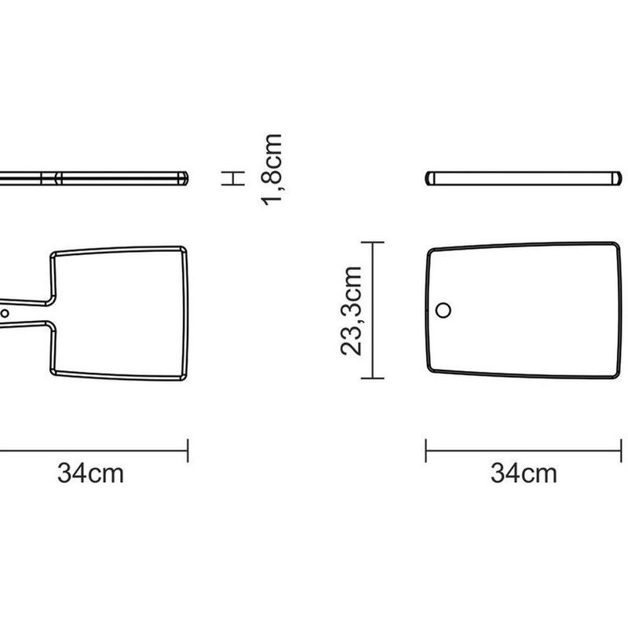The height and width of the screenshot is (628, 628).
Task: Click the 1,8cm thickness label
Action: (x=272, y=170)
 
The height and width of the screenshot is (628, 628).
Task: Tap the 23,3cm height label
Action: (x=351, y=311)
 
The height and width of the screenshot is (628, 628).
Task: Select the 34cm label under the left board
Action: (x=90, y=473)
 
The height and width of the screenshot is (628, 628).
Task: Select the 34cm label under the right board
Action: (x=524, y=473)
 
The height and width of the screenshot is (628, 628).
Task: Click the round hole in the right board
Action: (x=443, y=310)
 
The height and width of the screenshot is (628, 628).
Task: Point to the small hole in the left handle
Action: (x=5, y=313)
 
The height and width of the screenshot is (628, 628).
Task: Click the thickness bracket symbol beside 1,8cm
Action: (x=233, y=178)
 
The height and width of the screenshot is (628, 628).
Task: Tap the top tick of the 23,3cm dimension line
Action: (x=372, y=243)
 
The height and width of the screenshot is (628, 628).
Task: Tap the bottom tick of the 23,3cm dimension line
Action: (x=372, y=378)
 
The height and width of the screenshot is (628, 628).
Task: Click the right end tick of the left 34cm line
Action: (x=188, y=451)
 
